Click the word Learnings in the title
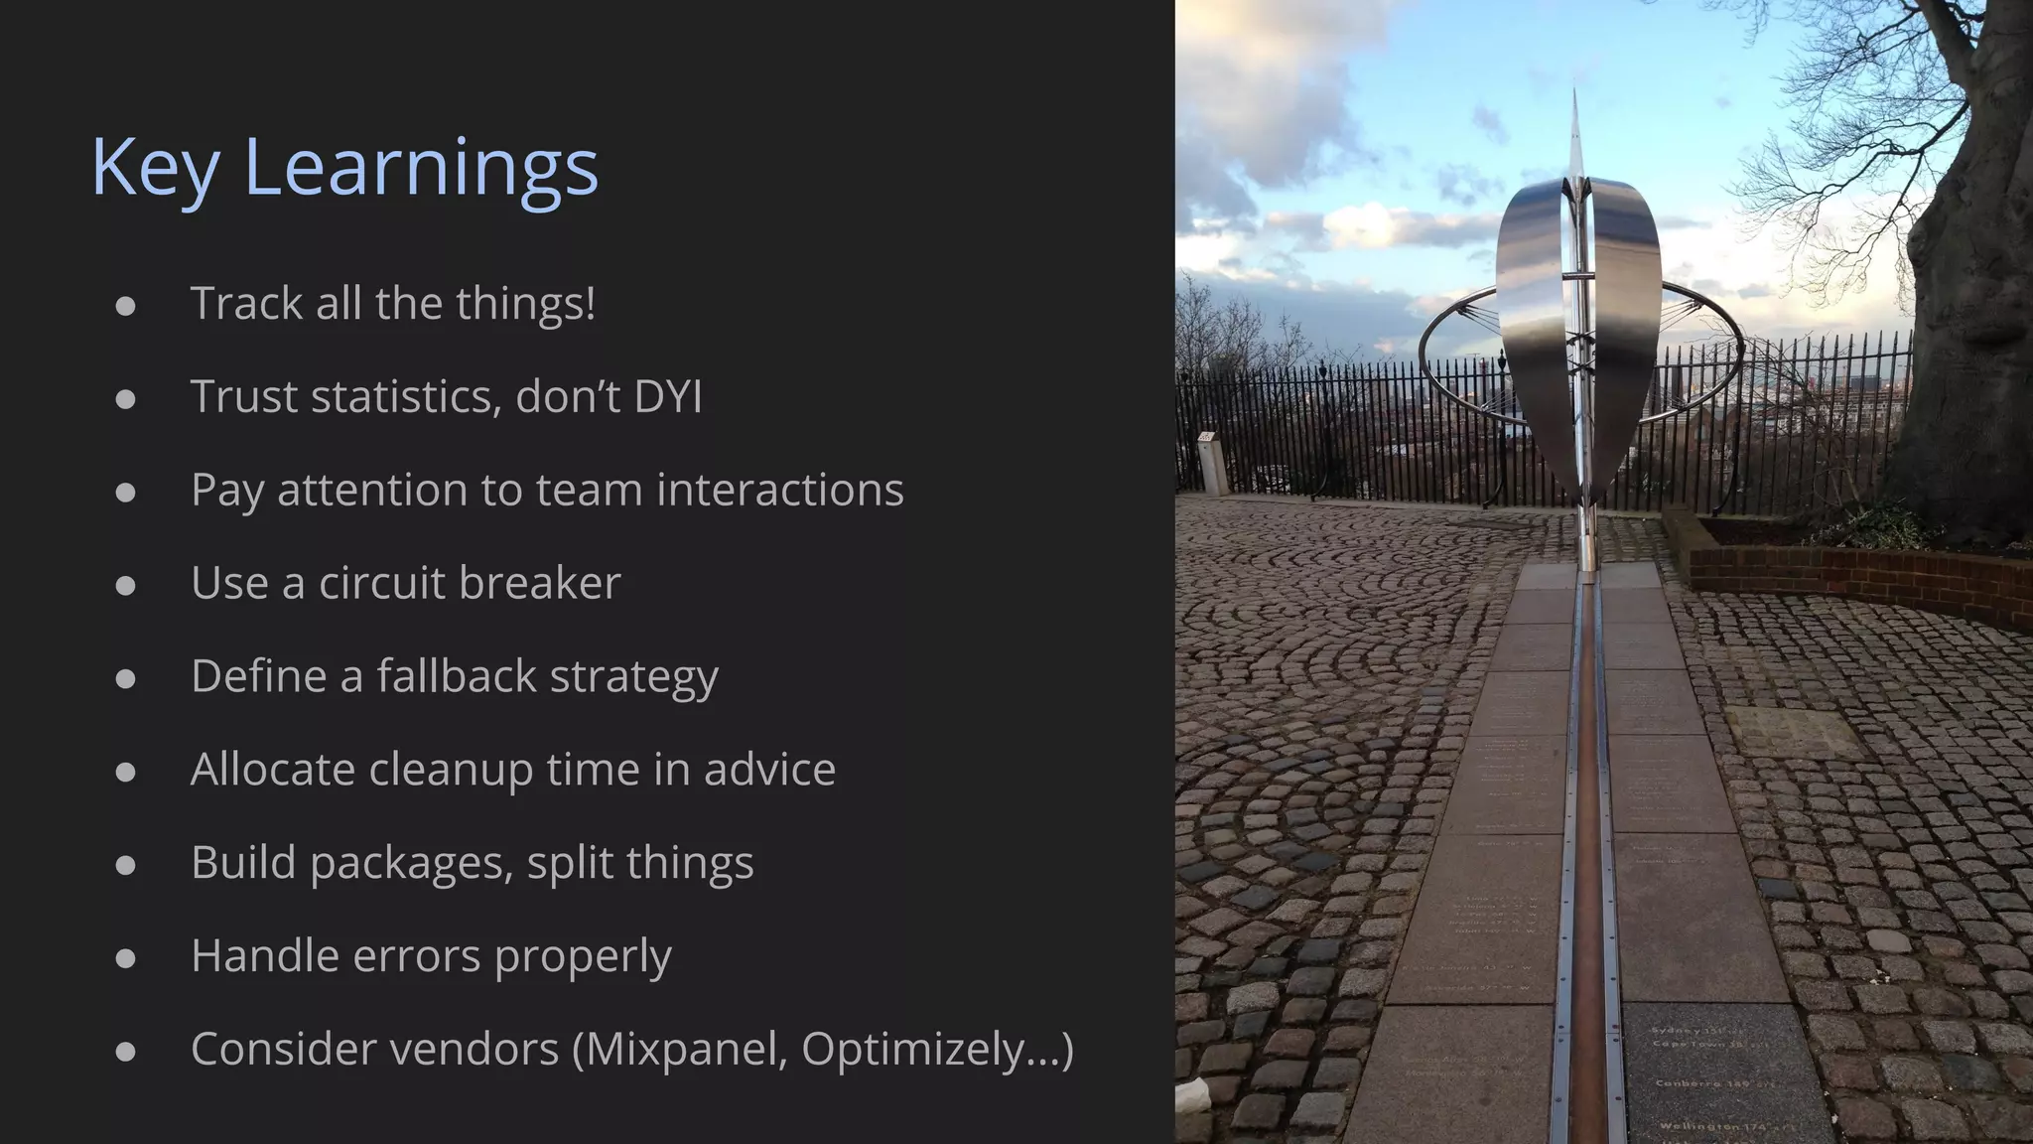pyautogui.click(x=421, y=167)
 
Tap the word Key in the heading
pyautogui.click(x=155, y=167)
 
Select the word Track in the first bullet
pyautogui.click(x=246, y=303)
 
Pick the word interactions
pyautogui.click(x=780, y=490)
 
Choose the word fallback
pyautogui.click(x=456, y=676)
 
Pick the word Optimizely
pyautogui.click(x=911, y=1050)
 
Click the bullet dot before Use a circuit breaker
pyautogui.click(x=125, y=585)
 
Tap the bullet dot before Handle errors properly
pyautogui.click(x=125, y=958)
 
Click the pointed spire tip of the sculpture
pyautogui.click(x=1575, y=99)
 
